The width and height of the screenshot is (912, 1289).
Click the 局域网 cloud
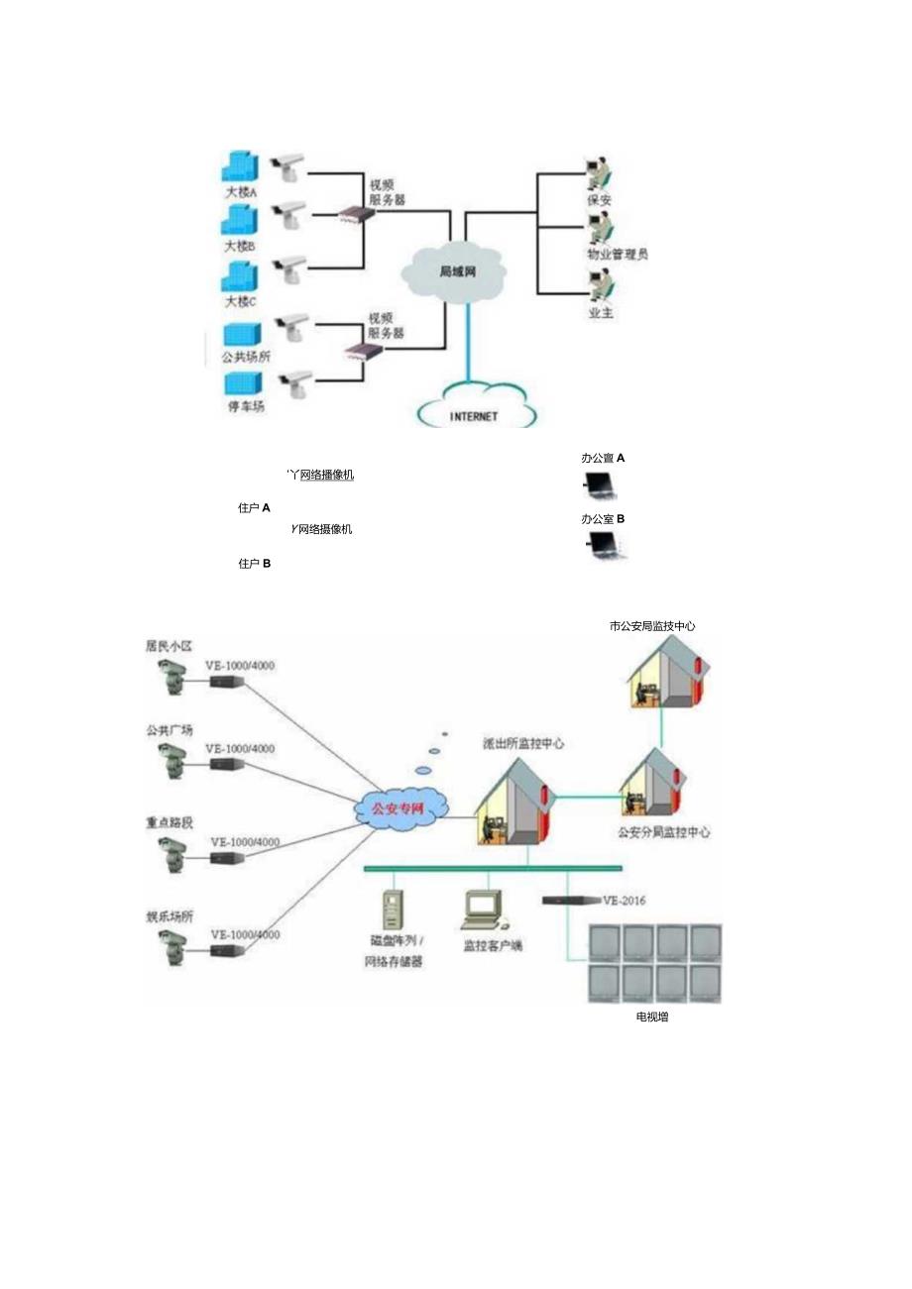click(455, 270)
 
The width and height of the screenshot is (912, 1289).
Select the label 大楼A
click(241, 193)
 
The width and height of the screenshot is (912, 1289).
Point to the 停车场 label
click(246, 407)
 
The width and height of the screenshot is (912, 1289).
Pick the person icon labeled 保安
click(597, 173)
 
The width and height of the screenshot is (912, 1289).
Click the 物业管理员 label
click(617, 255)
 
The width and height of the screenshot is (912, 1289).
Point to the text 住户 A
click(255, 508)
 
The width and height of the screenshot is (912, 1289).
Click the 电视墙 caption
click(651, 1017)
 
